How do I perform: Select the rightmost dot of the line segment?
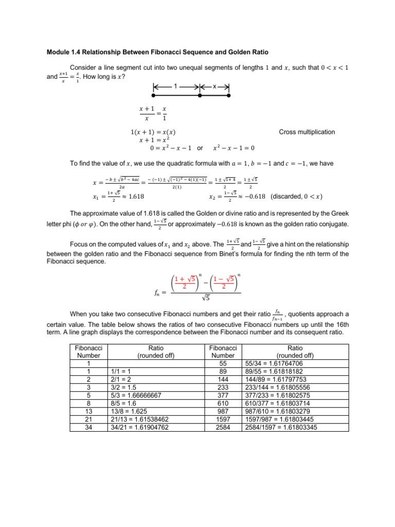[229, 96]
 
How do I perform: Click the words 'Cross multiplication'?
[307, 132]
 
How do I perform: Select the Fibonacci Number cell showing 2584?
[223, 428]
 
